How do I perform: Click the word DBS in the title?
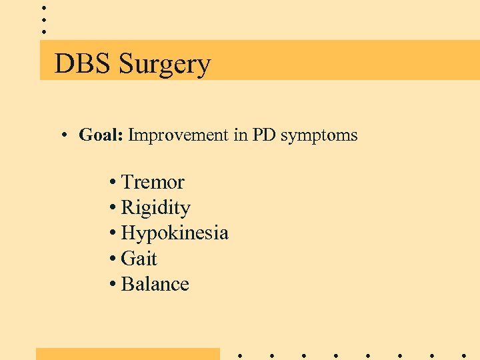83,64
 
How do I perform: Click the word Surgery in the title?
165,65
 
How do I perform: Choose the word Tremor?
153,182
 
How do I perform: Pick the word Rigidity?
155,208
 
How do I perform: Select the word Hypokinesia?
175,233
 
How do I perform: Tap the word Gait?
139,259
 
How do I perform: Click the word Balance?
155,284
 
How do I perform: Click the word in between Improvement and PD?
240,136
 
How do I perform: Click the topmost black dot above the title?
44,7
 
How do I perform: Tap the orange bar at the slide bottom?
127,353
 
